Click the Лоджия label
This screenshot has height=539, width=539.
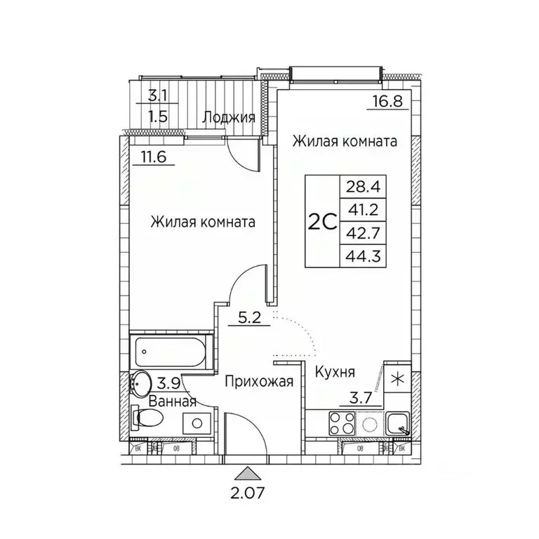click(228, 117)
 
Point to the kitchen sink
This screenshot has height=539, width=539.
click(398, 423)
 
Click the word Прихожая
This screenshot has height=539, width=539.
click(248, 382)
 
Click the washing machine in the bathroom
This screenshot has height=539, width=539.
click(197, 422)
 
